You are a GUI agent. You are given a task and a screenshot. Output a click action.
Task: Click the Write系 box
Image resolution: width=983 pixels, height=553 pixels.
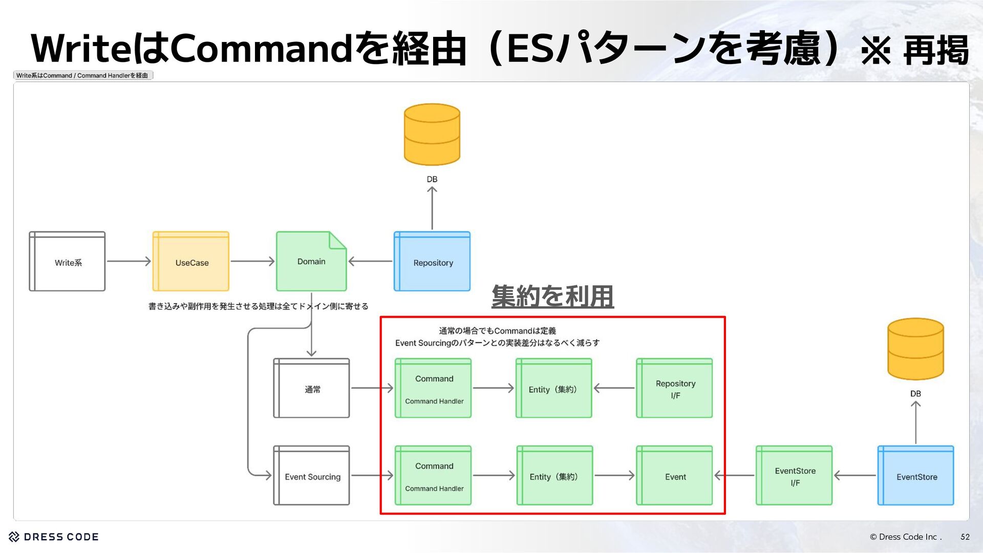pyautogui.click(x=67, y=262)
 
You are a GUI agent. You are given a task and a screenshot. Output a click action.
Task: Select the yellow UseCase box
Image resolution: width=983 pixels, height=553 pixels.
pyautogui.click(x=191, y=262)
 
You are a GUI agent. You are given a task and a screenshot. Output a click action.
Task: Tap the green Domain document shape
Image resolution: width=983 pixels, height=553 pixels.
pyautogui.click(x=311, y=262)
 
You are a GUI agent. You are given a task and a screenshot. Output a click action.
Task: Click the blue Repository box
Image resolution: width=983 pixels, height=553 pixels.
pyautogui.click(x=432, y=262)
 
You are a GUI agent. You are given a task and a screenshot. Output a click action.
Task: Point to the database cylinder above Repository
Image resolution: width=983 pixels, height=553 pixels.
pyautogui.click(x=432, y=135)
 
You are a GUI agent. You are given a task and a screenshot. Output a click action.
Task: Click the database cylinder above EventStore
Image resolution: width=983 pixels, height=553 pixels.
pyautogui.click(x=915, y=349)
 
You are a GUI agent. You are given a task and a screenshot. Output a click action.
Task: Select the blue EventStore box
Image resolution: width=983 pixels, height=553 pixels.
pyautogui.click(x=916, y=476)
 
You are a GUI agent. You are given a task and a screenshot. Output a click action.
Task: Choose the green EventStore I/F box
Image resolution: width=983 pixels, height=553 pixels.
pyautogui.click(x=794, y=476)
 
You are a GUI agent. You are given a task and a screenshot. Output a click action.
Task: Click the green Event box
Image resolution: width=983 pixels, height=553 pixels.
pyautogui.click(x=674, y=476)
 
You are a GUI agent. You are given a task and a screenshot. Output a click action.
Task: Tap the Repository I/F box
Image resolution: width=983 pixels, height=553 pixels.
pyautogui.click(x=674, y=389)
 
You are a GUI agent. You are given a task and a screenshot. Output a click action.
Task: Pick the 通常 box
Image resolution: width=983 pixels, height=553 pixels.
pyautogui.click(x=311, y=389)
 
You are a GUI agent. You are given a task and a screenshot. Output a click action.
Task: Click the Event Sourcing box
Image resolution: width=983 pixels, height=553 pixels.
pyautogui.click(x=311, y=476)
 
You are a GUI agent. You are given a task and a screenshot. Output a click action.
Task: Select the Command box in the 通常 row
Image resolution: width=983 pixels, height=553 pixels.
pyautogui.click(x=433, y=389)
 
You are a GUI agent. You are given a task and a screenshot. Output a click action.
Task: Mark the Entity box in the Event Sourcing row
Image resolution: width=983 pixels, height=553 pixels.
pyautogui.click(x=554, y=476)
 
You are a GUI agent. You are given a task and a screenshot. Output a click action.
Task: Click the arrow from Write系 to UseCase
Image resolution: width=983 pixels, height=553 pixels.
pyautogui.click(x=129, y=262)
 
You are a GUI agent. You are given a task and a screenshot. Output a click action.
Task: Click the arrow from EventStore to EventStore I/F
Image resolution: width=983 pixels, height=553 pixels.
pyautogui.click(x=854, y=476)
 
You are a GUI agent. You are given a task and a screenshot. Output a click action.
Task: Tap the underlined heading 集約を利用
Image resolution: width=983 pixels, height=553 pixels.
pyautogui.click(x=552, y=296)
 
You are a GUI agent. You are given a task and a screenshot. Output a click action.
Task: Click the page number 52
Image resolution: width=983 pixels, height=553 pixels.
pyautogui.click(x=965, y=537)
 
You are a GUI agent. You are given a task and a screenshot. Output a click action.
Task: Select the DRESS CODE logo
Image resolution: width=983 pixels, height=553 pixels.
pyautogui.click(x=54, y=537)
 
